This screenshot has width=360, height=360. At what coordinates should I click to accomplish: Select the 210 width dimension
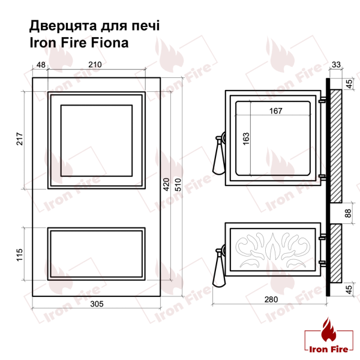94,64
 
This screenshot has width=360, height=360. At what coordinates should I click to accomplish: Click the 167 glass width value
277,110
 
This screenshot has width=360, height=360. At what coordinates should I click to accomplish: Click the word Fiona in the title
110,43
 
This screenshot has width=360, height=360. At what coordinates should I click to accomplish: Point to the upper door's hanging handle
217,157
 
